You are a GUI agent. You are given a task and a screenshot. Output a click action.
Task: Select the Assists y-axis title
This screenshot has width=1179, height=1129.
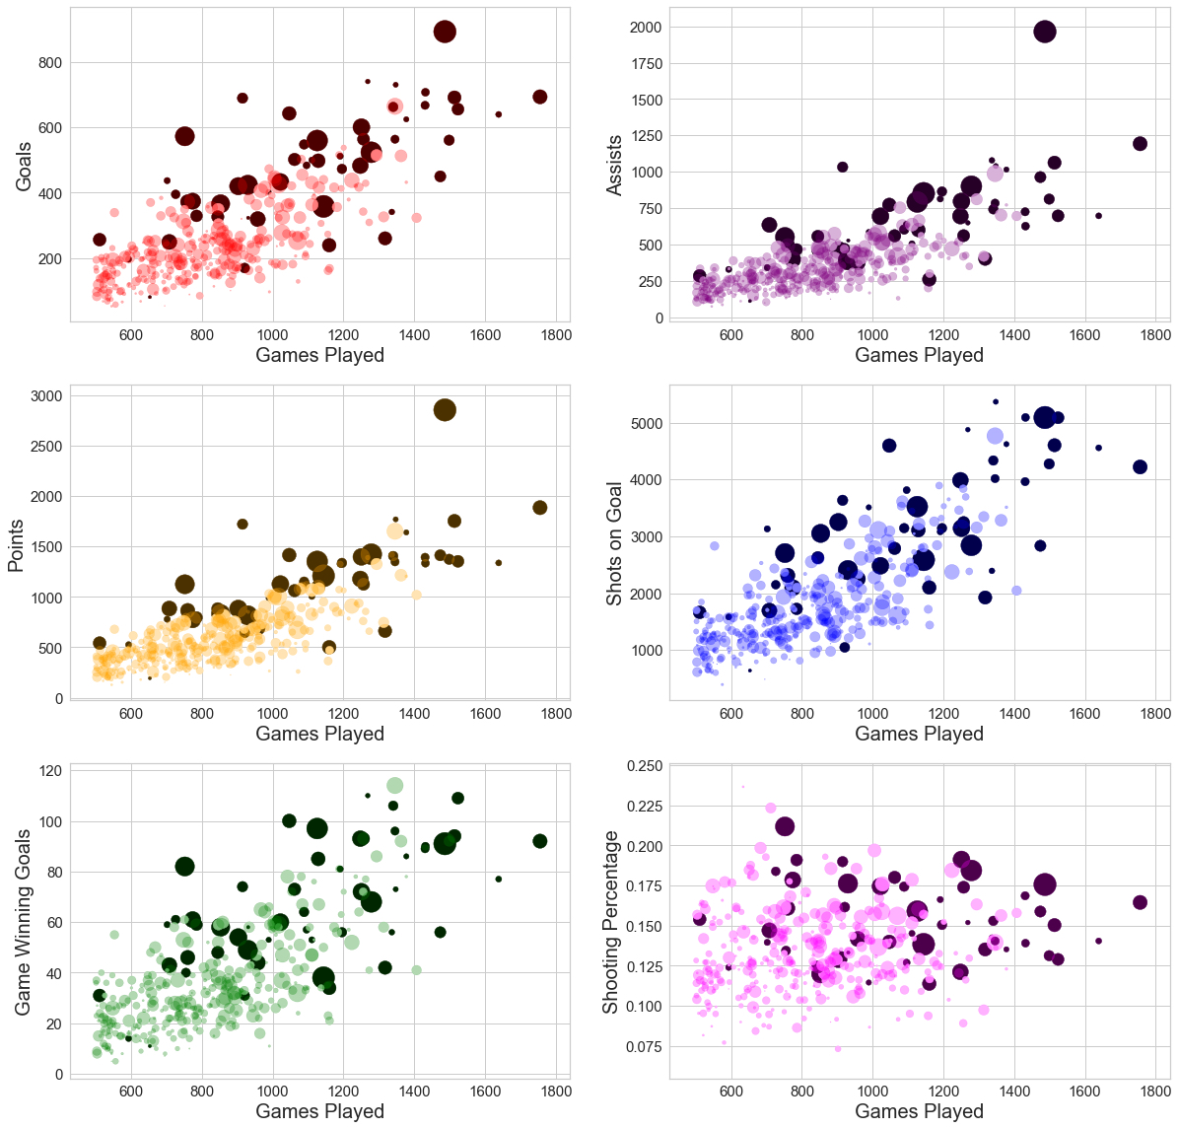coord(614,166)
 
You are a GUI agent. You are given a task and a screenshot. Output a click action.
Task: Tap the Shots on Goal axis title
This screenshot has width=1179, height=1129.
coord(614,543)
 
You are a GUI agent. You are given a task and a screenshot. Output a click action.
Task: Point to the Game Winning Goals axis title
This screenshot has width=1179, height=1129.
coord(23,922)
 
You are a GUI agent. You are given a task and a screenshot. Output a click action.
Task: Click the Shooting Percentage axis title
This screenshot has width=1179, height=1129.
coord(611,922)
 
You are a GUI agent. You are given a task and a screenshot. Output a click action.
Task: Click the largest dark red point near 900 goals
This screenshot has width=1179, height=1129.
coord(445,32)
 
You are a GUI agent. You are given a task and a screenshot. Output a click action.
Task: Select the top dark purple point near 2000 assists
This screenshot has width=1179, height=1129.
coord(1045,32)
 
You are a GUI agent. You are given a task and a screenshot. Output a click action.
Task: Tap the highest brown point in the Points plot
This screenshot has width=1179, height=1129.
coord(445,410)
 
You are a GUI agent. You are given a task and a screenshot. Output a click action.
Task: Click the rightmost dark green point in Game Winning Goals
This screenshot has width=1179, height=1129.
coord(540,841)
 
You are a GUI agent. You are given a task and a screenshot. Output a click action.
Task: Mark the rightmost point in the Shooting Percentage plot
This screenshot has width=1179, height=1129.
coord(1141,902)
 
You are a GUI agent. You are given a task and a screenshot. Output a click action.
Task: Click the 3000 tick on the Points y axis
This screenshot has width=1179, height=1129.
coord(47,396)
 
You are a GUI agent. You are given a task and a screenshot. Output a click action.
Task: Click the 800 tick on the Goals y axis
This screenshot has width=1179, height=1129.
coord(49,63)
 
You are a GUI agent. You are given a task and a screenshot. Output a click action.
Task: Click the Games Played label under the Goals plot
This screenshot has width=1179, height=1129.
coord(319,355)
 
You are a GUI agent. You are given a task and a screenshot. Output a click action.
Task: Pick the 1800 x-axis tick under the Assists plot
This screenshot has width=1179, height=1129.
coord(1156,335)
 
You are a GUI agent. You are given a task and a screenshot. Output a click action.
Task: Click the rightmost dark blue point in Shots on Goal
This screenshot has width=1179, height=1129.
coord(1141,467)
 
